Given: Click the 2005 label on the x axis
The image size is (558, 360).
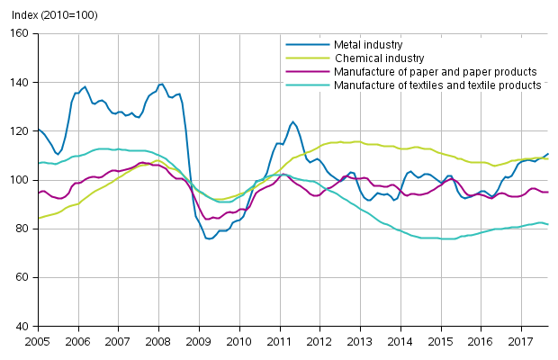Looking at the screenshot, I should (37, 342).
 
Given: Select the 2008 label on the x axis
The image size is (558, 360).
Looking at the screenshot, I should (157, 342).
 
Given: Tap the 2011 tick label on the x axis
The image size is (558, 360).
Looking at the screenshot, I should (279, 342).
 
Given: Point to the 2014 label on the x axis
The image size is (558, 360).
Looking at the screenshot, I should (400, 342).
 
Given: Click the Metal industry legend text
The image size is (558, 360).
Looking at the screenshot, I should (368, 44).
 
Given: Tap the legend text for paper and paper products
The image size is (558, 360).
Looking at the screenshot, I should (435, 71).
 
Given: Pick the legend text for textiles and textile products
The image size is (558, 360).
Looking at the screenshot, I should (437, 85).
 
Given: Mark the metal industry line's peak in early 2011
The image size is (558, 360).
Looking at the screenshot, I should (292, 121).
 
